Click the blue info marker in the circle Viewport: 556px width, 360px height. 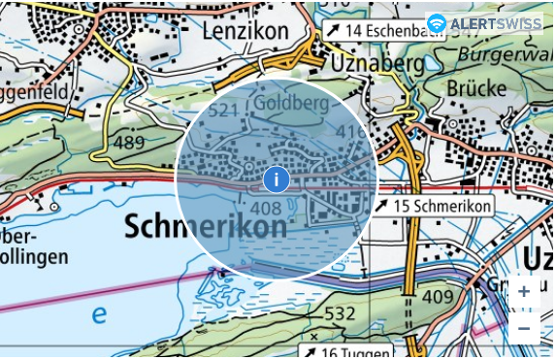click(x=277, y=179)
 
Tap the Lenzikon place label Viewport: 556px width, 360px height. click(x=245, y=31)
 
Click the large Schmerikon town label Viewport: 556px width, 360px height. click(x=206, y=227)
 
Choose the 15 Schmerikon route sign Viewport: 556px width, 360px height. click(x=433, y=207)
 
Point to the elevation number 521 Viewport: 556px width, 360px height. click(x=223, y=112)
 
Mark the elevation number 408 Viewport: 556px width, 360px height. click(x=265, y=209)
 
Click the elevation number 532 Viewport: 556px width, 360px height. click(x=339, y=313)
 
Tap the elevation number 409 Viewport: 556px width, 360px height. click(x=439, y=295)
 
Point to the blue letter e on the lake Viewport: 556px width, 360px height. click(x=99, y=314)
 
